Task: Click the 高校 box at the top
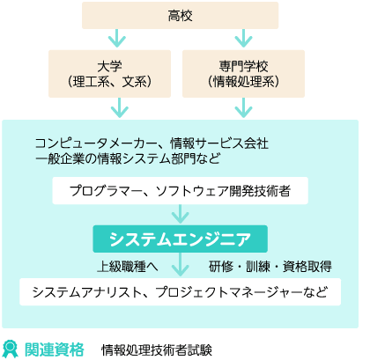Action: (x=180, y=15)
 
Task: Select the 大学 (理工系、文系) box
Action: (x=109, y=74)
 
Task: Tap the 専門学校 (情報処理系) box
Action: (x=243, y=74)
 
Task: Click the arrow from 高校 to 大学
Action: (x=117, y=39)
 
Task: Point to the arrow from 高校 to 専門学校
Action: (x=243, y=39)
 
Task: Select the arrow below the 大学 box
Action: (x=119, y=108)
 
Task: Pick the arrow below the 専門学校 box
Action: (x=243, y=108)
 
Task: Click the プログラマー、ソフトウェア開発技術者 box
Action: (x=180, y=191)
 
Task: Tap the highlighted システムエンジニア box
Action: (x=180, y=239)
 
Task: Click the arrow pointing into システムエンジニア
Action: (x=180, y=214)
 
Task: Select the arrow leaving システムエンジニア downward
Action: (x=180, y=264)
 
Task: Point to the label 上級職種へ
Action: (x=128, y=267)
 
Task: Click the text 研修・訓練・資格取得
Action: (x=270, y=267)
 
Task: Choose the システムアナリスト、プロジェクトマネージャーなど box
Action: (x=180, y=292)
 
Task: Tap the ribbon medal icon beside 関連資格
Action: (x=10, y=349)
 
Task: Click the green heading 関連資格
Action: (x=55, y=349)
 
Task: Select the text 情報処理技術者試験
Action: (x=157, y=349)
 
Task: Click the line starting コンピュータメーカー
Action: (x=152, y=143)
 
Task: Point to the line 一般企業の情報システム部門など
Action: (x=128, y=158)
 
